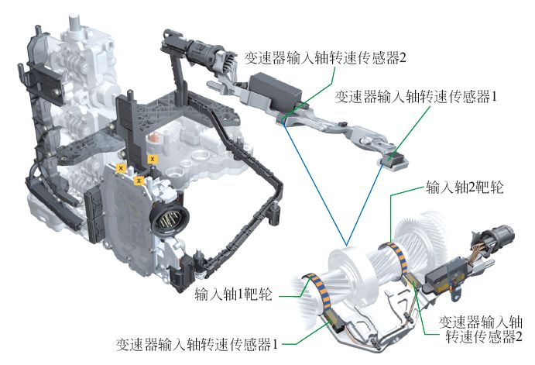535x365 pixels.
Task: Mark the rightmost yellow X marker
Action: coord(153,158)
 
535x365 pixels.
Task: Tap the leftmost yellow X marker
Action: coord(120,167)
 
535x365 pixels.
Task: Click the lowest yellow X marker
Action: coord(138,181)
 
